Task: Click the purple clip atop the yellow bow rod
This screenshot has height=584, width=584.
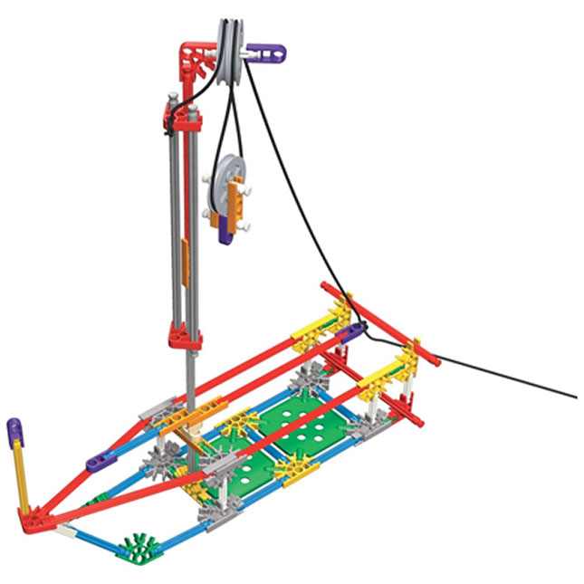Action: [x=14, y=431]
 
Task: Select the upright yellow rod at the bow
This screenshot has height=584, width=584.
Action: [x=20, y=474]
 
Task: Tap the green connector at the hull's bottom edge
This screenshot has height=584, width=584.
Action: [x=138, y=547]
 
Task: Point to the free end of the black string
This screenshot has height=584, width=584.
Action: [x=574, y=397]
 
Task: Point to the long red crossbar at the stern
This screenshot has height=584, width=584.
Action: [x=380, y=327]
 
